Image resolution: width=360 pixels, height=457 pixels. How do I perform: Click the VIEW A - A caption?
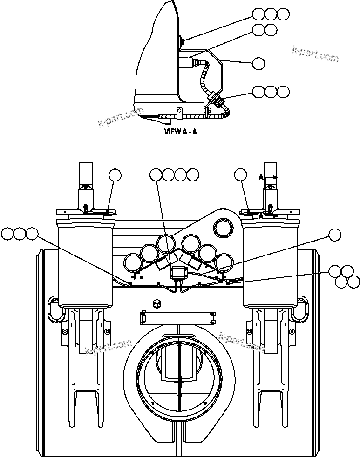pos(181,132)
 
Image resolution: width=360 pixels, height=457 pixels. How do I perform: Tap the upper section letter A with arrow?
pos(262,177)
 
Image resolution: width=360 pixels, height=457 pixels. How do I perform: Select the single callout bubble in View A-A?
pos(258,63)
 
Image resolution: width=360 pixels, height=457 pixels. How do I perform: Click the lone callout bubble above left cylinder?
pos(115,175)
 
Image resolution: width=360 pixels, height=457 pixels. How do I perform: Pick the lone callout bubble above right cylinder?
pos(241,175)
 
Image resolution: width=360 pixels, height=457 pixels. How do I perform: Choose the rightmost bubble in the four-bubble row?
pos(192,175)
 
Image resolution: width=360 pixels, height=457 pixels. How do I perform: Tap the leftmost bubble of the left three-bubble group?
pos(7,234)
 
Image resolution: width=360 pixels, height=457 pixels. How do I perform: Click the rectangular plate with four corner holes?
pos(177,318)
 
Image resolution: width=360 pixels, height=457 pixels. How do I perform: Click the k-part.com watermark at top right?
pos(316,54)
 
